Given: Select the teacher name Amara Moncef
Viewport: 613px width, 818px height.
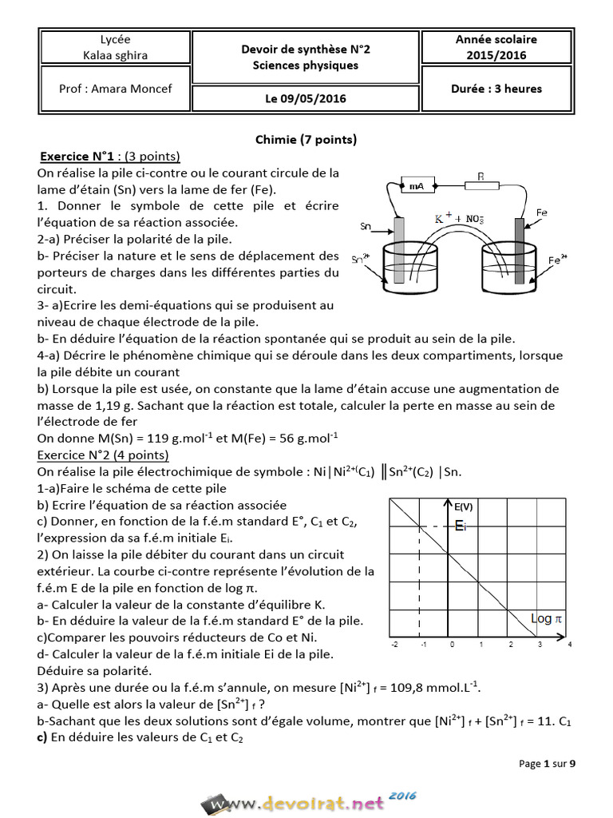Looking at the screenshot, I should (x=115, y=89).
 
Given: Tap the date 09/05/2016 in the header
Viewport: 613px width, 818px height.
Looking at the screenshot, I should (x=306, y=99).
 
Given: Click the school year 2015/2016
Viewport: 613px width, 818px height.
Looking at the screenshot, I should (x=496, y=55).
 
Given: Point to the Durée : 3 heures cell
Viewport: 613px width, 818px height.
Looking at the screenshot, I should (x=496, y=89).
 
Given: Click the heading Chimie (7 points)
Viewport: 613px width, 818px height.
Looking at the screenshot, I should (x=306, y=139).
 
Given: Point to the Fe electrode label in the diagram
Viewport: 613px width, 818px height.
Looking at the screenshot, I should (x=541, y=212).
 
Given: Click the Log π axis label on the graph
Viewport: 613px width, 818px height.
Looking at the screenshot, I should (x=547, y=618).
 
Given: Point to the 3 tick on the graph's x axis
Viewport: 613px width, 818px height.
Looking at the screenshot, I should (x=539, y=644).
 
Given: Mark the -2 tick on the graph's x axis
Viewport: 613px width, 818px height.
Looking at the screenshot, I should (x=394, y=644).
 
